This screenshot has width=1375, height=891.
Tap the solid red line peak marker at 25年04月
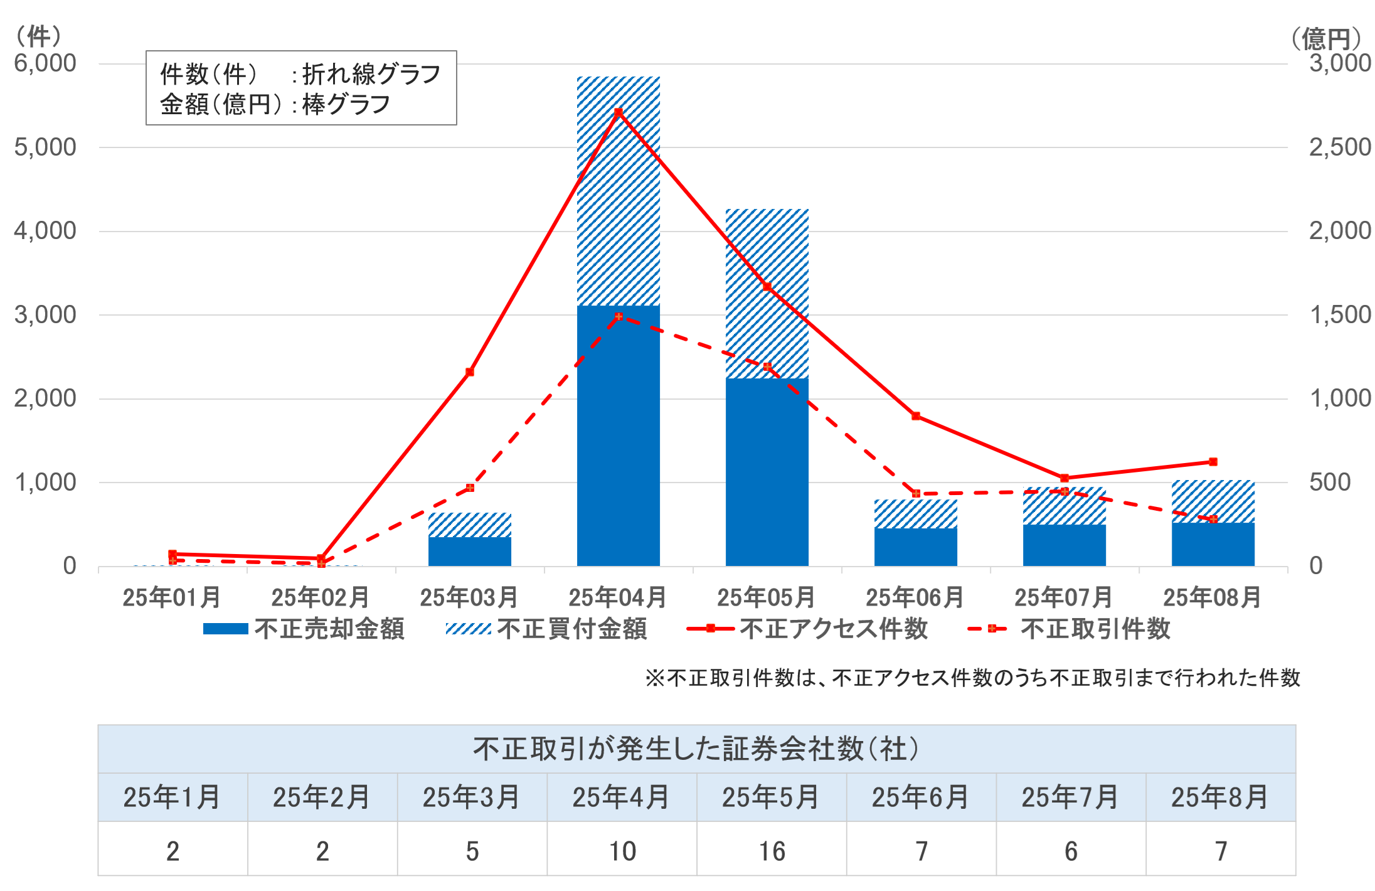[618, 112]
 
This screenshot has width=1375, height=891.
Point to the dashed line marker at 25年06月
[916, 494]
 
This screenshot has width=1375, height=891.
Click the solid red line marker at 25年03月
[470, 372]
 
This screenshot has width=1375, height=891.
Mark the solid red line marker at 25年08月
[1213, 462]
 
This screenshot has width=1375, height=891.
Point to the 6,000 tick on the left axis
[45, 63]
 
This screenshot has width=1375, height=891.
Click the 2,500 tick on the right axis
[1340, 147]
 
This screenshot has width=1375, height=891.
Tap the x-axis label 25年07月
[1063, 597]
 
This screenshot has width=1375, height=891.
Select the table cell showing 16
[772, 851]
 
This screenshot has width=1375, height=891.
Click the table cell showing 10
[622, 851]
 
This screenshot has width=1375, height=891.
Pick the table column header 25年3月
[471, 798]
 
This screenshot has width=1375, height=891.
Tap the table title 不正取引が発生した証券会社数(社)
[696, 749]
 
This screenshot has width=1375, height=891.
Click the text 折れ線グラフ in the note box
[371, 74]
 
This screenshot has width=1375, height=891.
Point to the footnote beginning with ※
[972, 678]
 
